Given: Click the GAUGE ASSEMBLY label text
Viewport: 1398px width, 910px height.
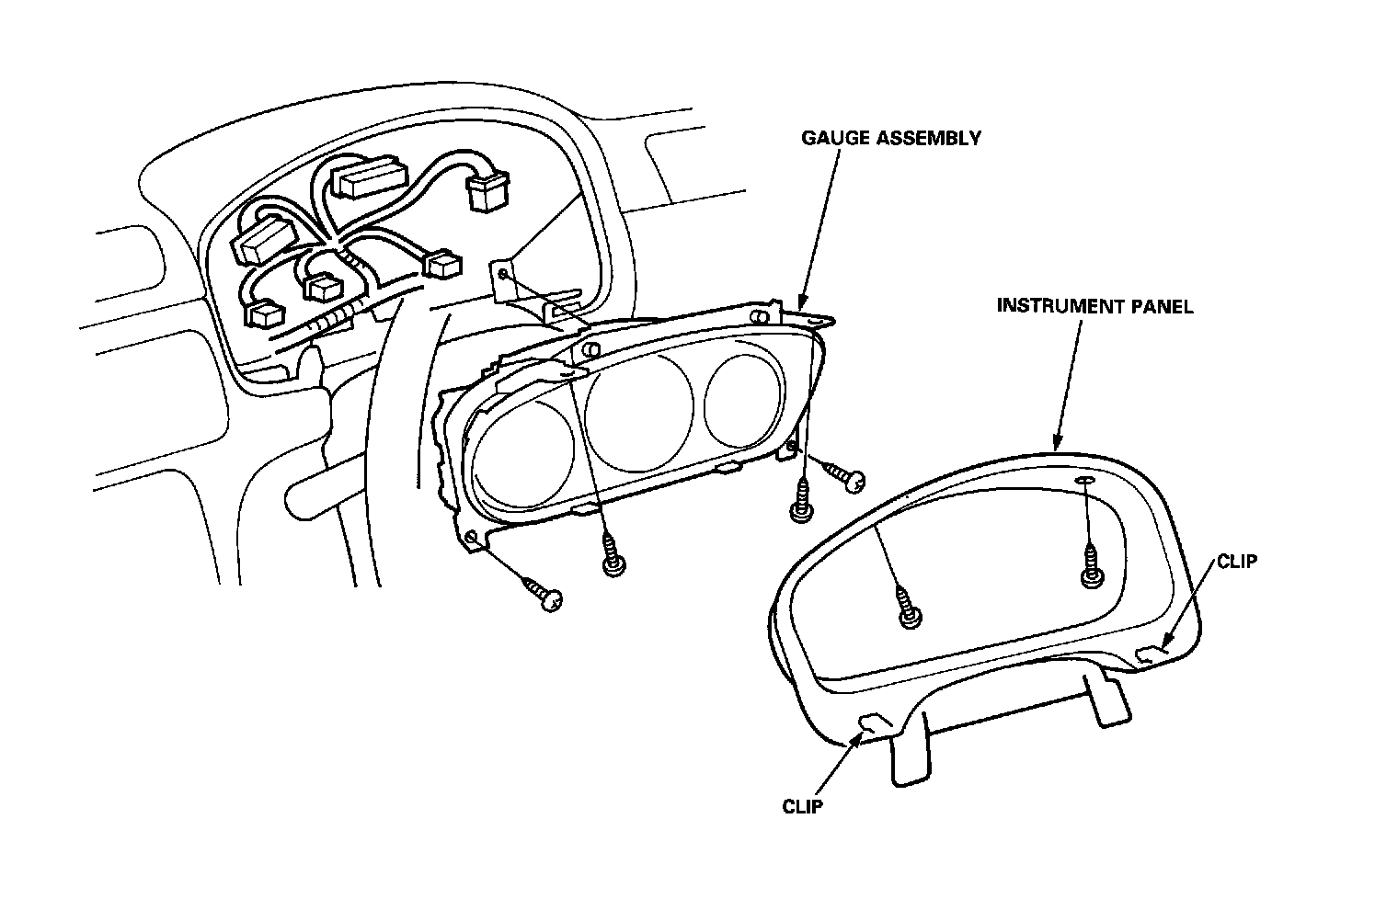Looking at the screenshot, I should [x=890, y=139].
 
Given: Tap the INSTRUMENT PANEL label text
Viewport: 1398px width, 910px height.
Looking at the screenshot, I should [x=1094, y=306].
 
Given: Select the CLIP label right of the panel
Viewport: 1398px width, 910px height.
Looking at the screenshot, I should [x=1235, y=561].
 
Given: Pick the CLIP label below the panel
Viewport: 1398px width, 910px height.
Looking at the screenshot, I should [x=802, y=807].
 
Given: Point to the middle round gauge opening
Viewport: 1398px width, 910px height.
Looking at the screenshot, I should [x=640, y=411].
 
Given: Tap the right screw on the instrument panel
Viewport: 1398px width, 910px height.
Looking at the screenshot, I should [x=1092, y=565].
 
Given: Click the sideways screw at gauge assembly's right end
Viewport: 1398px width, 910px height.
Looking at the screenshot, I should [x=844, y=475].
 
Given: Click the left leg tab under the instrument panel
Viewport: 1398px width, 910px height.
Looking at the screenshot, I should [x=907, y=750].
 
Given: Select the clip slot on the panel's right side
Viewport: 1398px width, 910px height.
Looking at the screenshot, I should [x=1150, y=653].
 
